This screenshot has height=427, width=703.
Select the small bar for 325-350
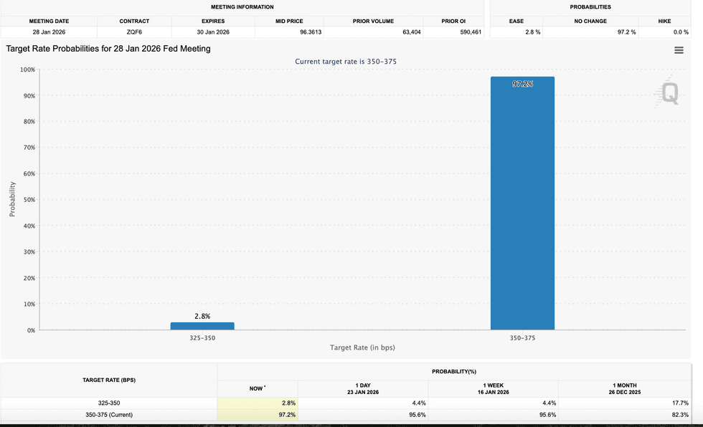pos(202,326)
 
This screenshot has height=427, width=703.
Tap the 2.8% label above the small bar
pos(202,316)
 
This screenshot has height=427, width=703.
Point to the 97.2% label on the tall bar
pos(522,85)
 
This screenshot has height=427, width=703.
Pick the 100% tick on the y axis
pos(27,69)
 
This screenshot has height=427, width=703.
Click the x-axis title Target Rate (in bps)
pos(362,347)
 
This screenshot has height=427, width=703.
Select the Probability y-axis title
pos(12,199)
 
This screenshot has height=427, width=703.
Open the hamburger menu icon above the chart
pos(679,50)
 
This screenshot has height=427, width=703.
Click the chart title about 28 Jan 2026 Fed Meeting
pos(108,49)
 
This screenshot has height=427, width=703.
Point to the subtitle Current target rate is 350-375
pos(346,62)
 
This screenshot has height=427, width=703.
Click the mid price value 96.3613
pos(311,32)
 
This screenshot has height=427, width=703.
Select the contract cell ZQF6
pos(134,32)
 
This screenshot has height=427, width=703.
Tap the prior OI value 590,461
pos(470,32)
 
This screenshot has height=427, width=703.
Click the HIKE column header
pos(664,21)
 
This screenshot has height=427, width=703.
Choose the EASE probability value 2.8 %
pos(532,32)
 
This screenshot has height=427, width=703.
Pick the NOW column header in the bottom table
pos(257,388)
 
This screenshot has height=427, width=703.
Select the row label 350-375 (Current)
pos(109,415)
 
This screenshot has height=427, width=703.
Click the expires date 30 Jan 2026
pos(213,32)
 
